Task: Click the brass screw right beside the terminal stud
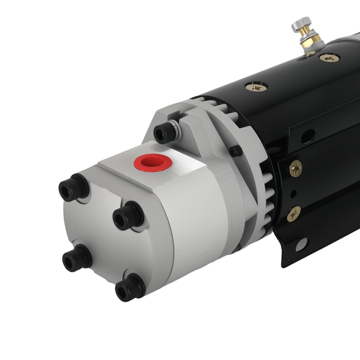click(x=329, y=58)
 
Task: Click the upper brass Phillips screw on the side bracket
click(x=296, y=168)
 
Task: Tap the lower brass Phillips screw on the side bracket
click(x=294, y=213)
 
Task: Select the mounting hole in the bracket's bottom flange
click(x=301, y=244)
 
